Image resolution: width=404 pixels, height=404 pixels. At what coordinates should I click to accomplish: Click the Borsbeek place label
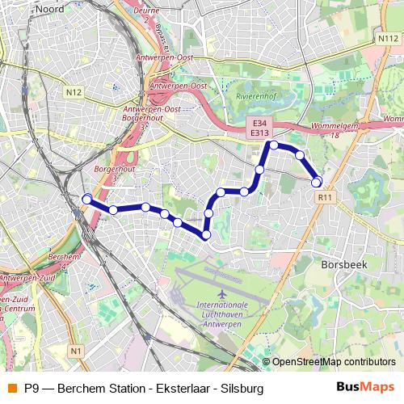[x=345, y=264]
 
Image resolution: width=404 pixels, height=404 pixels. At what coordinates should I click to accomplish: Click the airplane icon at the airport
[x=222, y=290]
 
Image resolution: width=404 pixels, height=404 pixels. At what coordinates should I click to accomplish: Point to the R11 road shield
[x=325, y=196]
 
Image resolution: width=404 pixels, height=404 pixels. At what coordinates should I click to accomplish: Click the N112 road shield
[x=386, y=38]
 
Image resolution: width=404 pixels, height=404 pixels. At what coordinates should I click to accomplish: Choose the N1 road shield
[x=75, y=351]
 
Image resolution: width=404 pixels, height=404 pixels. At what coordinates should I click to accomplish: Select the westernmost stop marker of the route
[x=86, y=199]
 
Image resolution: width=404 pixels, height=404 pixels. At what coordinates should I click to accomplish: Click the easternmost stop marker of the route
[x=317, y=182]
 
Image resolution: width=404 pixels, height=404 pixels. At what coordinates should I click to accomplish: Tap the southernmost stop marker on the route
[x=206, y=234]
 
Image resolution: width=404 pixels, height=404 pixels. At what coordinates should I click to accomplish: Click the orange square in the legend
[x=11, y=388]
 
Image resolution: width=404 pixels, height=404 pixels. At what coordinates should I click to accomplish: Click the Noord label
[x=50, y=9]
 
